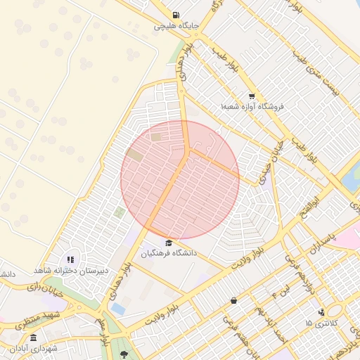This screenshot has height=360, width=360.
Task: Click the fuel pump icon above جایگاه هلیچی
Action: point(175,15)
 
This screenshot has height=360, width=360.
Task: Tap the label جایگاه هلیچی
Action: point(177,27)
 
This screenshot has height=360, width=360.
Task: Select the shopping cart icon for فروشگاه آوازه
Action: point(252,96)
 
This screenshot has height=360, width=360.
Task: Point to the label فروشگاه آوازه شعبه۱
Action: point(251,106)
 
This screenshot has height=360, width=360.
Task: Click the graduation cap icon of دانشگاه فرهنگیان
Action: point(167,243)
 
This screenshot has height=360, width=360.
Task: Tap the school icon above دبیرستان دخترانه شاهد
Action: point(70,260)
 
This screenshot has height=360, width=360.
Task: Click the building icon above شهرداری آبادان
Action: point(33,338)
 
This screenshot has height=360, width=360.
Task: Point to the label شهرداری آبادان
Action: point(34,349)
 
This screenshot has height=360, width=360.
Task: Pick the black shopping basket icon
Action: point(233,301)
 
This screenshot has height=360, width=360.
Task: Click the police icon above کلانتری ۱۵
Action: point(321,312)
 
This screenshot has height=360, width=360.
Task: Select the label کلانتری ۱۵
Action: point(321,323)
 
